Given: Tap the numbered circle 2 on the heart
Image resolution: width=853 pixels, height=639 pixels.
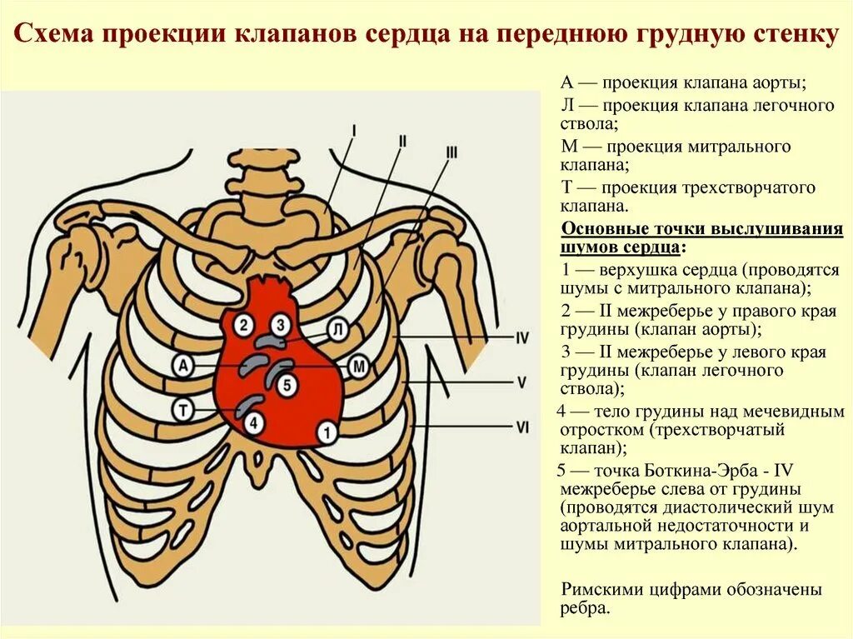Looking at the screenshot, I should [x=243, y=325].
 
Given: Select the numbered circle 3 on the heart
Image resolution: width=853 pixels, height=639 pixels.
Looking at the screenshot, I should [x=282, y=325].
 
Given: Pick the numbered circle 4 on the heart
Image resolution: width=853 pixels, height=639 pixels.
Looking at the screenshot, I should [x=255, y=422].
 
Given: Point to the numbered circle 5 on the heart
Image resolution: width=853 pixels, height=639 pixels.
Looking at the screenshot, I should [x=287, y=384].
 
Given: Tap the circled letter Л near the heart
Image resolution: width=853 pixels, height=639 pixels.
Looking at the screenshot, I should [x=337, y=330].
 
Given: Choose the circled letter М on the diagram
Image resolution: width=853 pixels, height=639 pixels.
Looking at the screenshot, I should [x=358, y=366].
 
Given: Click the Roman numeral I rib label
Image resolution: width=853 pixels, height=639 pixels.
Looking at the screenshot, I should [x=354, y=130].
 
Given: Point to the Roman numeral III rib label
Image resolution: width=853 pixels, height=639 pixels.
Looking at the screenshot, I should [x=451, y=152].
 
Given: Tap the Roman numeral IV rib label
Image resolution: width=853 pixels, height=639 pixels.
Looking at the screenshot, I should [x=522, y=338].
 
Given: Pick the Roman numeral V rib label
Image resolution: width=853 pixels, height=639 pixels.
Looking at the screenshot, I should [x=521, y=382].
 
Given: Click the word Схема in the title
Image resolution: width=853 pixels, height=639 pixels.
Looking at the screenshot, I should [x=51, y=35].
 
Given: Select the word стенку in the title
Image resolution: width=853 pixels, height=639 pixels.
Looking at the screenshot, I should [x=798, y=35].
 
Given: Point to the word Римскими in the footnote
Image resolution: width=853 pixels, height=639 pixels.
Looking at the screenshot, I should [x=603, y=590].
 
